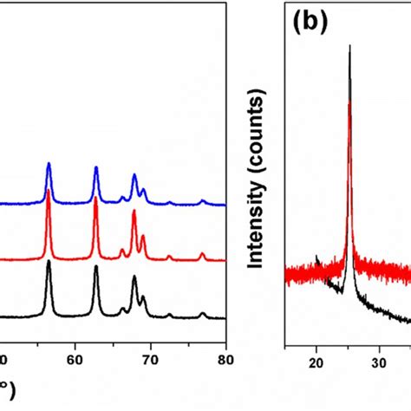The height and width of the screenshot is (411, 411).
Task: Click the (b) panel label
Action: click(x=309, y=22)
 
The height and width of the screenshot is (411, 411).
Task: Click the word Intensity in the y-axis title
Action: click(x=258, y=234)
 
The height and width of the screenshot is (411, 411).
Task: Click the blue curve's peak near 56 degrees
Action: click(x=49, y=163)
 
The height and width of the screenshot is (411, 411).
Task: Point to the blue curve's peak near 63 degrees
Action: click(x=95, y=167)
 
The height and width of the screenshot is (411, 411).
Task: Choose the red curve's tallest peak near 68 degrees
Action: click(x=134, y=223)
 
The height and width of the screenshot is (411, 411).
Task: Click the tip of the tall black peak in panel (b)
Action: click(x=349, y=46)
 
